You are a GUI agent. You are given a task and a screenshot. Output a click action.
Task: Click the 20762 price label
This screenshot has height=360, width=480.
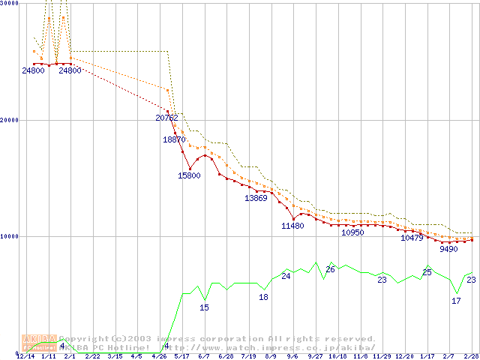(166, 118)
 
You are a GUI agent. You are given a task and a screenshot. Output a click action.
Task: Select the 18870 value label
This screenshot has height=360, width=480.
(175, 139)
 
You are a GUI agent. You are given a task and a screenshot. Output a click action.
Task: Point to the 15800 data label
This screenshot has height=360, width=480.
(189, 175)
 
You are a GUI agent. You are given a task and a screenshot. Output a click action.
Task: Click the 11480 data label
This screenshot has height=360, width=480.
(292, 226)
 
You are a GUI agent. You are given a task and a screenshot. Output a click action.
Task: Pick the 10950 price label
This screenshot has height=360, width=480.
(352, 232)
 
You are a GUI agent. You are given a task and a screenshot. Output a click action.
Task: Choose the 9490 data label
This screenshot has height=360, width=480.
(448, 249)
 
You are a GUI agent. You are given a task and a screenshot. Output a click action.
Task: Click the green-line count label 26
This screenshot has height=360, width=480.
(330, 269)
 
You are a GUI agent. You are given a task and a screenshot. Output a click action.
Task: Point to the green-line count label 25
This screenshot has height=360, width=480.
(427, 272)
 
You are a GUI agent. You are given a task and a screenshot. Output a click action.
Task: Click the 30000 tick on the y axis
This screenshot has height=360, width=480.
(10, 4)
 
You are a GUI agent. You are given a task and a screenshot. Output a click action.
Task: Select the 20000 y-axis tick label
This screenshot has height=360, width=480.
(10, 120)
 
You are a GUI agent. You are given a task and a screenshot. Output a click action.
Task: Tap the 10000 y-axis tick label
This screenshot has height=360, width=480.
(10, 236)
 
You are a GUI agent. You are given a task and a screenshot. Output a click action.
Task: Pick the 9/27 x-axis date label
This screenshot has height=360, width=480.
(315, 356)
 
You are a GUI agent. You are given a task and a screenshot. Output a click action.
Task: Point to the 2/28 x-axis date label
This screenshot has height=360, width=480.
(470, 356)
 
